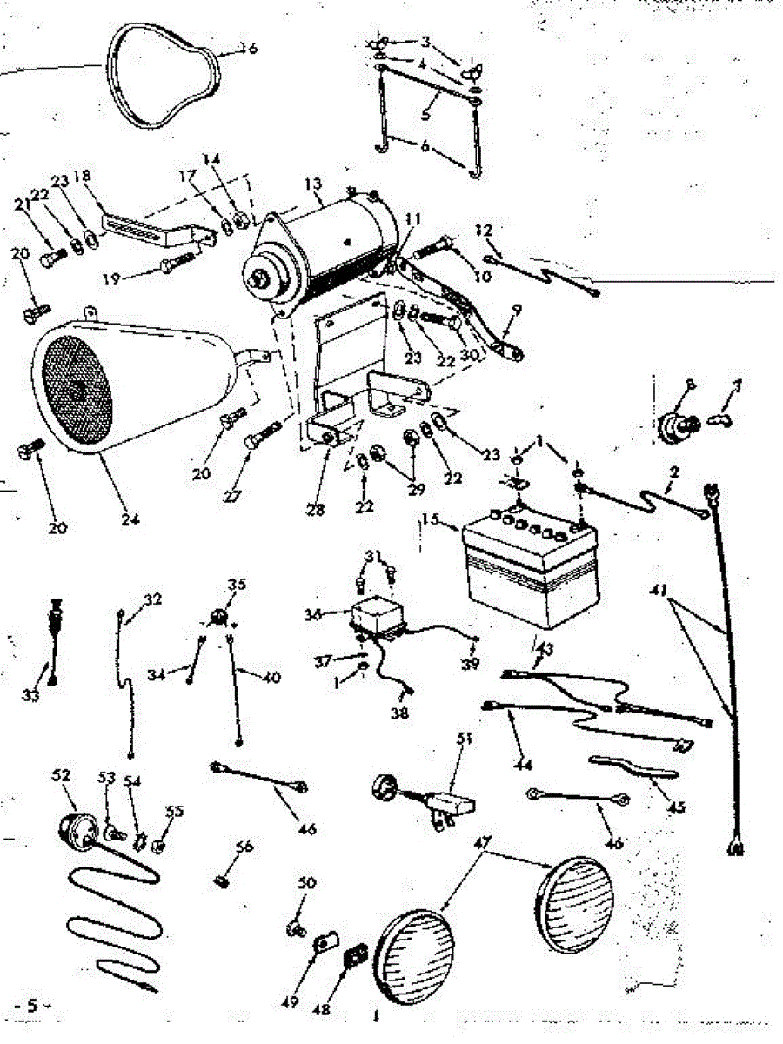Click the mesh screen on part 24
[x=78, y=391]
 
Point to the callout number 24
[x=130, y=520]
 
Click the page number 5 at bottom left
[x=31, y=1006]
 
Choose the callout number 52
[x=62, y=774]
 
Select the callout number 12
[x=485, y=231]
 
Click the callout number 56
[x=245, y=847]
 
